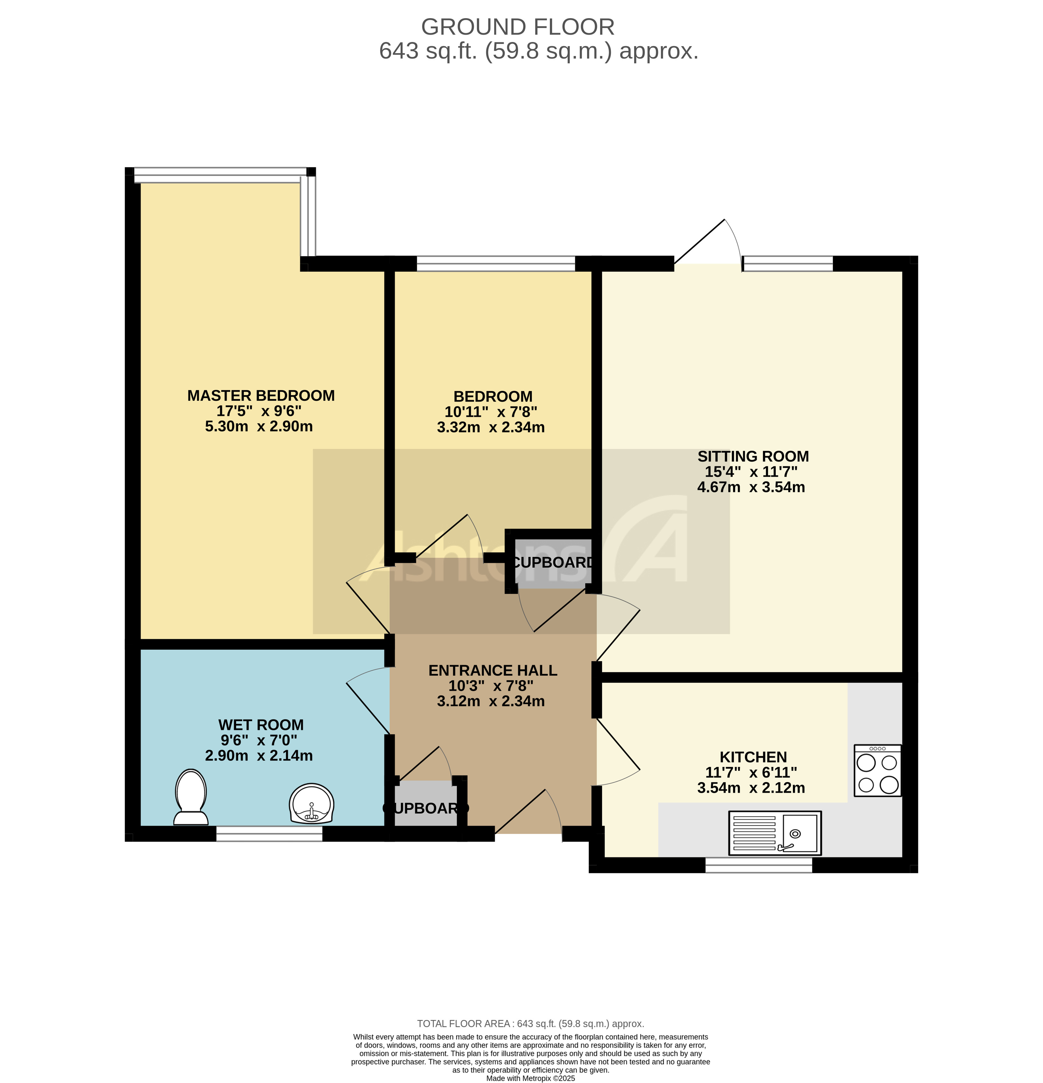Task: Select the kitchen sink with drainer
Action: click(774, 833)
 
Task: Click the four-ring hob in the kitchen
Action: click(877, 770)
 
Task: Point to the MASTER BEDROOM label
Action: click(261, 396)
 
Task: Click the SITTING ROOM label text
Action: click(753, 457)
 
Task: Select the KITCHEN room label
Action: click(753, 757)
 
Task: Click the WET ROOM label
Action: click(261, 725)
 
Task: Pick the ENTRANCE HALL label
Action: click(493, 670)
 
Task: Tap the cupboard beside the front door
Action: click(426, 808)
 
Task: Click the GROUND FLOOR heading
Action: click(517, 26)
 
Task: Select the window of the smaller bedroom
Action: click(496, 263)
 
